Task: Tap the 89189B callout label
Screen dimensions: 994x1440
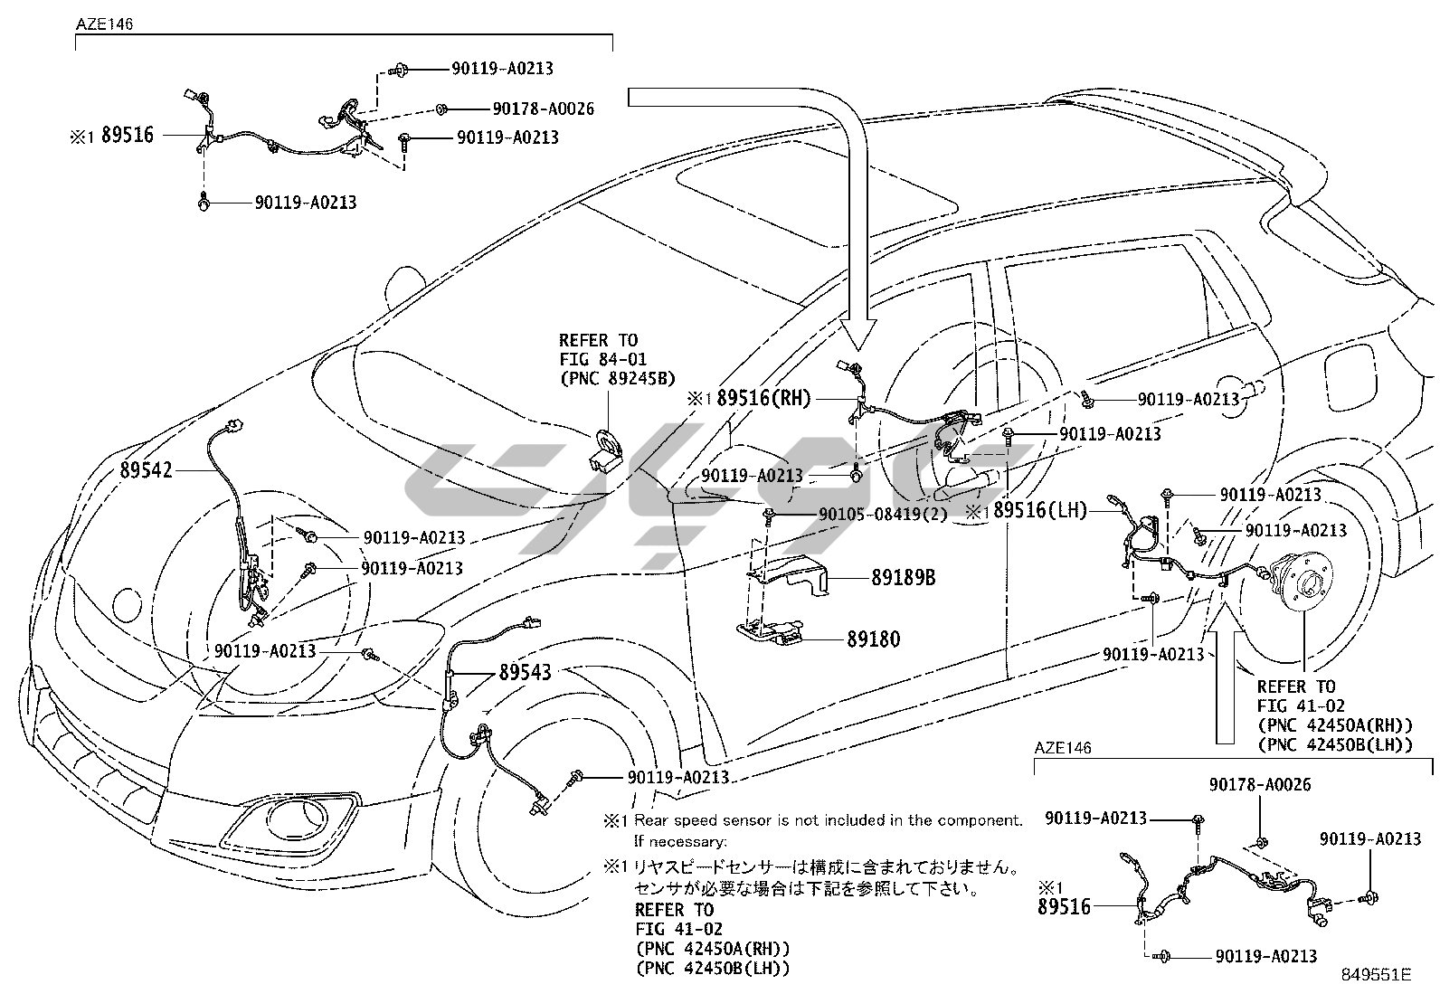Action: pyautogui.click(x=903, y=577)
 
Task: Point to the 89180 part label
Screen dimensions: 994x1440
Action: pyautogui.click(x=873, y=639)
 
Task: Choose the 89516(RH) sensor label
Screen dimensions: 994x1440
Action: pyautogui.click(x=763, y=398)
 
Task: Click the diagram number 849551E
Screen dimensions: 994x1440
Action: pyautogui.click(x=1376, y=975)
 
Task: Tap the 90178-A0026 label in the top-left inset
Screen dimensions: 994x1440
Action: pyautogui.click(x=543, y=109)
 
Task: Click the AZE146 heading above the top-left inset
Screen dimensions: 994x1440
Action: pyautogui.click(x=104, y=24)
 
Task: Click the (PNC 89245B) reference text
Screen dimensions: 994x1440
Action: pyautogui.click(x=617, y=378)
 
